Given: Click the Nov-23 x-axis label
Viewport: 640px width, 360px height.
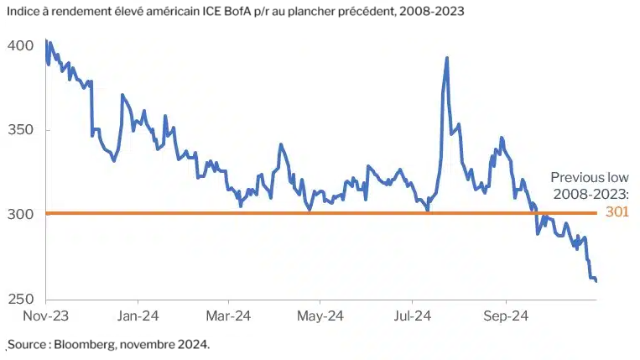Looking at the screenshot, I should coord(45,316).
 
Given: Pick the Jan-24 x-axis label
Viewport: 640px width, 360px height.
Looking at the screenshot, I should coord(137,316).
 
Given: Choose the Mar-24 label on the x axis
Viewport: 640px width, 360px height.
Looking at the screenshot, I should coord(229,316).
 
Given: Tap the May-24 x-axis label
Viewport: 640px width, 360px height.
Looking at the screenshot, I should coord(321,316).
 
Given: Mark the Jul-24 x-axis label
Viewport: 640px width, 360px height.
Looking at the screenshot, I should coord(412,316).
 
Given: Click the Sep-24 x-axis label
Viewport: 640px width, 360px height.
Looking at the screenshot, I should coord(505,316).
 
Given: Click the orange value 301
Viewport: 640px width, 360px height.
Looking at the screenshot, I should coord(617,213).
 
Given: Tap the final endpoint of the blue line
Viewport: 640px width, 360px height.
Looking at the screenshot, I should coord(596,281).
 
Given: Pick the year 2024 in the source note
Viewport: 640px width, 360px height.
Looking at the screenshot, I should coord(194,344).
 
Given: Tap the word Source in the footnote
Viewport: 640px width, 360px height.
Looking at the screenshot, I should coord(27,344).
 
